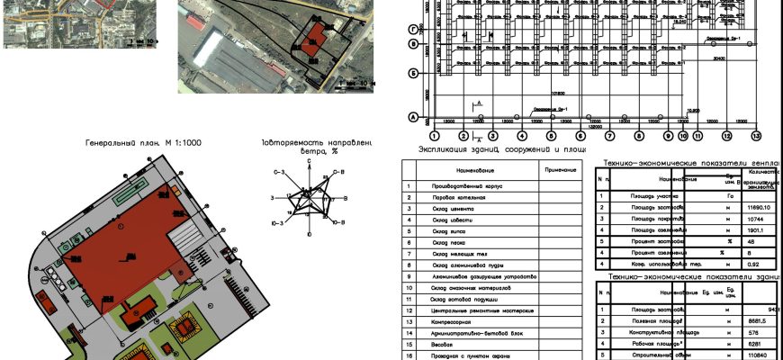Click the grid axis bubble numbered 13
[756, 136]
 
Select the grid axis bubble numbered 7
[609, 136]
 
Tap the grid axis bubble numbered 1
[434, 136]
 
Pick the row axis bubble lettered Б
[412, 72]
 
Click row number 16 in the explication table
[409, 355]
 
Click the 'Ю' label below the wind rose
[310, 234]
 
